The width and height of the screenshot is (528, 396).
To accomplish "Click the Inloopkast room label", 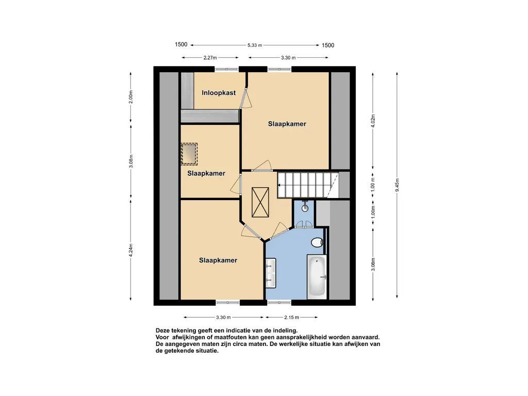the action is pos(219,93).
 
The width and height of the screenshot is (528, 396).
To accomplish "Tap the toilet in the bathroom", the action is pos(317,242).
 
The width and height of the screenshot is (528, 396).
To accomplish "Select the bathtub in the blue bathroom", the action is pos(317,277).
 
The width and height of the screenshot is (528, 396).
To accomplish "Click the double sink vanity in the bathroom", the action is pos(270,273).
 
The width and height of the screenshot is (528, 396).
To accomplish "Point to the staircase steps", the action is pos(308,185).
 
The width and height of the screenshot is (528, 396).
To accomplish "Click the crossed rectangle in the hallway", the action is pos(260,202).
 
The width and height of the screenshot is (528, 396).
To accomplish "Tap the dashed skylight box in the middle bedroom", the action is pos(189,154).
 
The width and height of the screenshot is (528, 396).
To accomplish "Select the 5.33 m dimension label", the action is pos(255,45).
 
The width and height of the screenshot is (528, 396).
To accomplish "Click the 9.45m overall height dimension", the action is pos(397,185).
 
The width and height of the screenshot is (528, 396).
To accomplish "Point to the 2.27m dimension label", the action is pos(210,58).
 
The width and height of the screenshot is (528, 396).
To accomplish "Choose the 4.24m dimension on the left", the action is pos(130,250).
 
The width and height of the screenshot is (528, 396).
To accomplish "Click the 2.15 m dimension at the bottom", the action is pos(291,317).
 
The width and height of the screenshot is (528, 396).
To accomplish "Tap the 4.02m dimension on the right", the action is pos(373,121).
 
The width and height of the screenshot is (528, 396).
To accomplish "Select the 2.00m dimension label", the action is pos(130,97).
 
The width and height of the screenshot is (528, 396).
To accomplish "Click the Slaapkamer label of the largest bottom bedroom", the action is pos(218,260).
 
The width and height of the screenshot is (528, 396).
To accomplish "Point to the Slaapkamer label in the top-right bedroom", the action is pos(287,124).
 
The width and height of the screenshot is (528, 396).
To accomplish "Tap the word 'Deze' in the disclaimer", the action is pos(162,331).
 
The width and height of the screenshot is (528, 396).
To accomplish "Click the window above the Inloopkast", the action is pos(227,69).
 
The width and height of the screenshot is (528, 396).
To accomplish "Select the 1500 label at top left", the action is pos(181,44).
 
